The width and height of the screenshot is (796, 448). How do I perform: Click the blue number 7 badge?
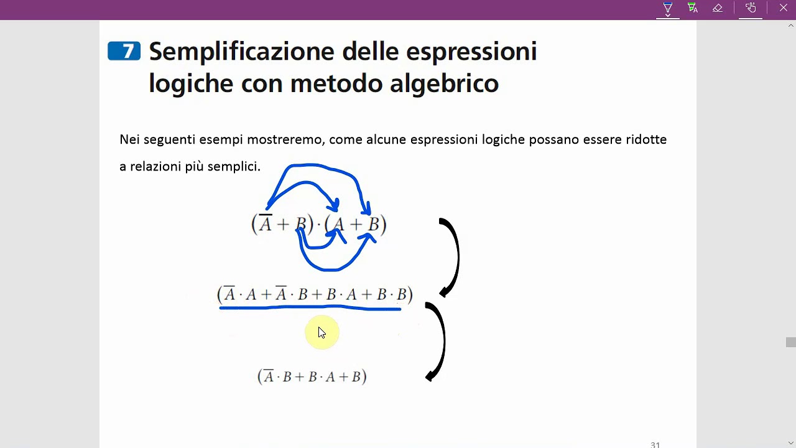[124, 51]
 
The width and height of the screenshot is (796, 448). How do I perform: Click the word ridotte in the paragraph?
[646, 139]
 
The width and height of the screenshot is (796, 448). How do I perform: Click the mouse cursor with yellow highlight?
[322, 333]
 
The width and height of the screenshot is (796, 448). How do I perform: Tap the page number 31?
[655, 444]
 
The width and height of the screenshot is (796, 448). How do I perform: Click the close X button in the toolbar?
[783, 8]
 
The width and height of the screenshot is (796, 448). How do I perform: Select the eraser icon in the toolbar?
[718, 8]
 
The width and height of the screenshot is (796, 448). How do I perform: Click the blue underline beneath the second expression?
[311, 307]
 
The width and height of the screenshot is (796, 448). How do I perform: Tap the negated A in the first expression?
[266, 223]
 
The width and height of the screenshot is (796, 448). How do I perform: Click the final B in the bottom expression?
[356, 377]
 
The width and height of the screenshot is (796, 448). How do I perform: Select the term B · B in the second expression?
[392, 294]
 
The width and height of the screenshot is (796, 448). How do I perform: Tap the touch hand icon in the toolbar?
[751, 8]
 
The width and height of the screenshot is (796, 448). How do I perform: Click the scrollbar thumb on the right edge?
[790, 342]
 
